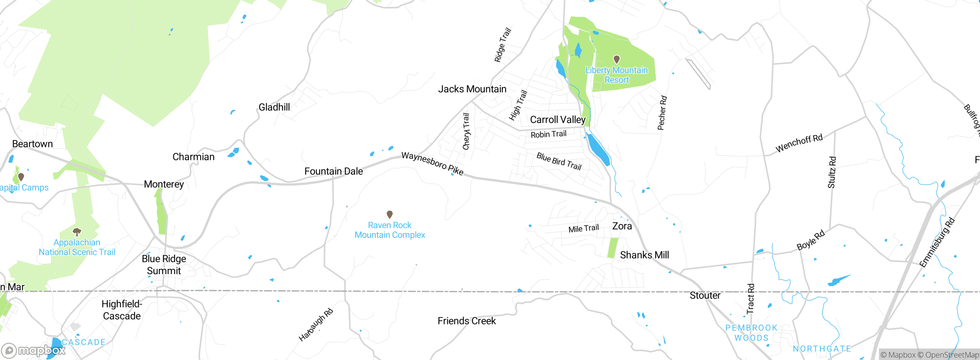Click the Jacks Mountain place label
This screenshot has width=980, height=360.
pos(472,89)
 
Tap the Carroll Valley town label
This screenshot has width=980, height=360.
pos(558,120)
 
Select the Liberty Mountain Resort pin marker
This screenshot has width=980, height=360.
pos(616,59)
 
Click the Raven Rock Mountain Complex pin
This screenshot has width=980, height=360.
pos(389,214)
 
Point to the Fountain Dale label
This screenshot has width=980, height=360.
pos(333,171)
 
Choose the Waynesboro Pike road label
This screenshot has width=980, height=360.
pos(432,164)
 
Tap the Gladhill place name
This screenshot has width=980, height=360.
pos(274,107)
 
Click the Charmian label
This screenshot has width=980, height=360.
pos(193,157)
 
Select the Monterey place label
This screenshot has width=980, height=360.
pos(164,184)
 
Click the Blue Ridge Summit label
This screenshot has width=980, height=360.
pos(164,265)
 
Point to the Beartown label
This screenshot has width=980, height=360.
pos(33,144)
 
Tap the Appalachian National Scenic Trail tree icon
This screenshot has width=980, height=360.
pos(77,232)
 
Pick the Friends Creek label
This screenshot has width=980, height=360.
pos(467,321)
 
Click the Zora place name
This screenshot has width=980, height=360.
pos(622,226)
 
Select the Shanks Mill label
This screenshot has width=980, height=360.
pos(644,255)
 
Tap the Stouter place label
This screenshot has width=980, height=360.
pos(705,296)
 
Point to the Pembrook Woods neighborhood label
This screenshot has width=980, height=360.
pos(751,333)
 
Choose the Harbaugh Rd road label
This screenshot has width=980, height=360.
pos(316,325)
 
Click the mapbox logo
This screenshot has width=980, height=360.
pos(33,350)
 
